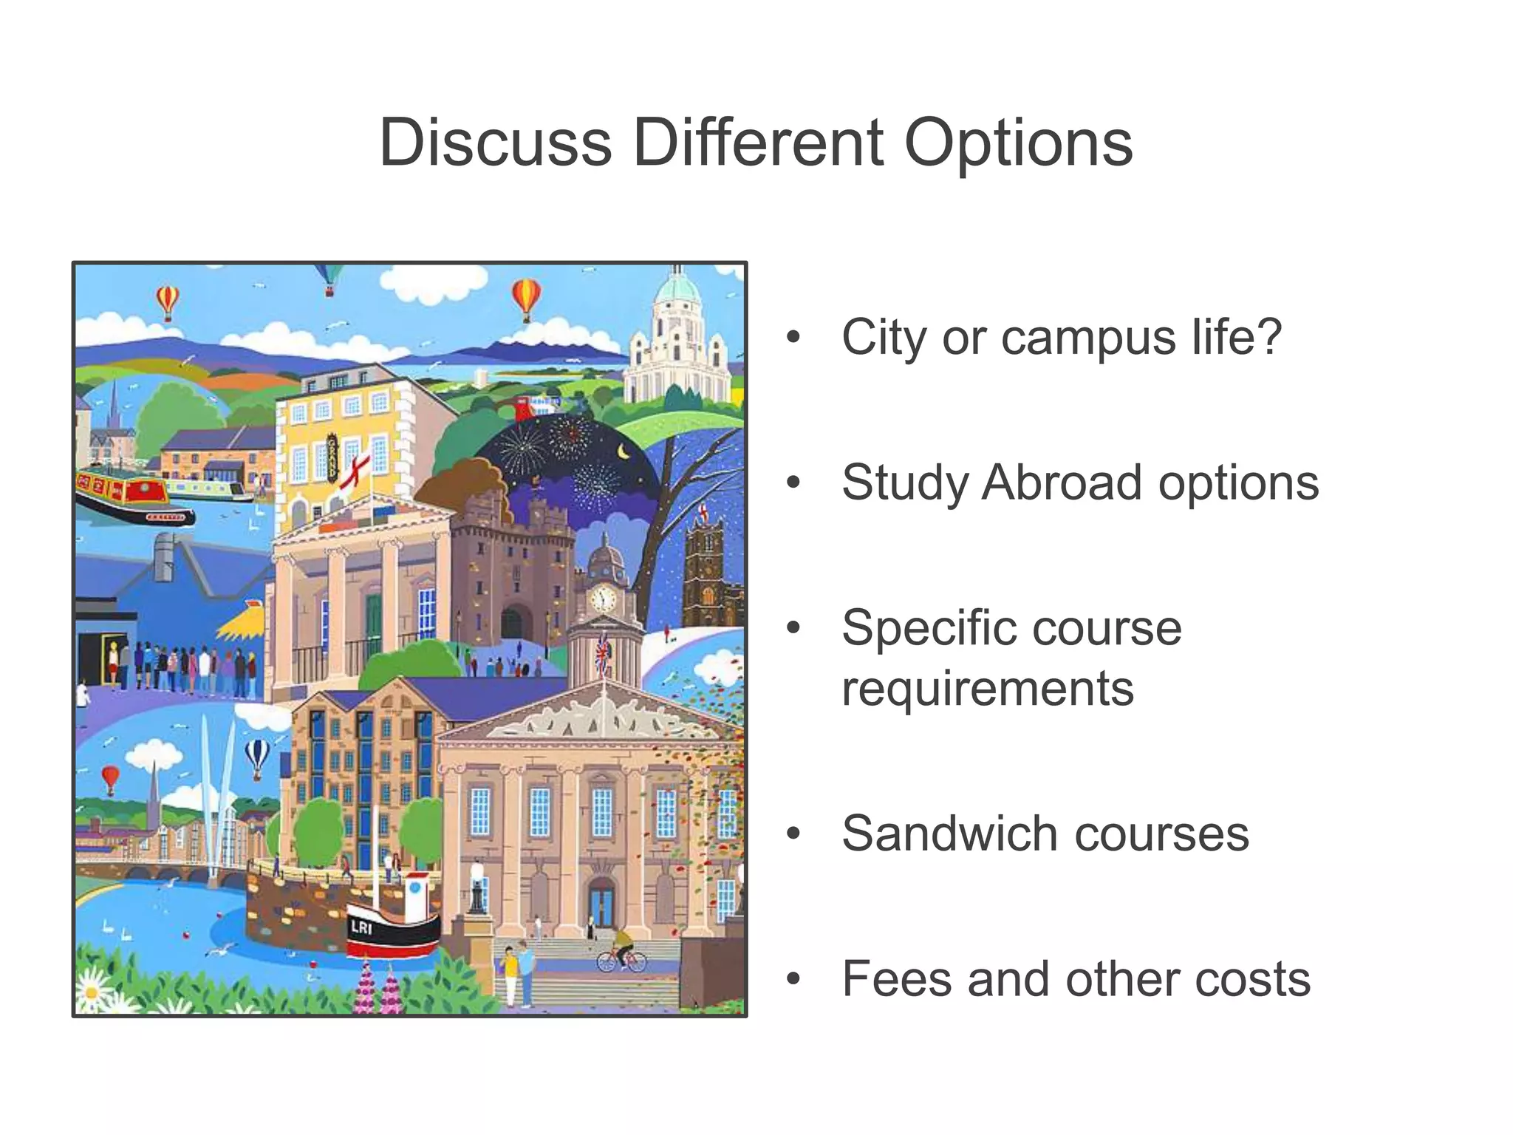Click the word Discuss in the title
pos(496,143)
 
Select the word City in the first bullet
pos(885,338)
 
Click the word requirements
pos(988,689)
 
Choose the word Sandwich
pos(951,834)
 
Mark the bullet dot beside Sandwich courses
pos(793,834)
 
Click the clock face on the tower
pos(603,598)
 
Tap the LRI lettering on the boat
pos(361,927)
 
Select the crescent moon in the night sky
pos(624,450)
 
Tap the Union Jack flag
pos(604,652)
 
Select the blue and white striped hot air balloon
pos(256,756)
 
